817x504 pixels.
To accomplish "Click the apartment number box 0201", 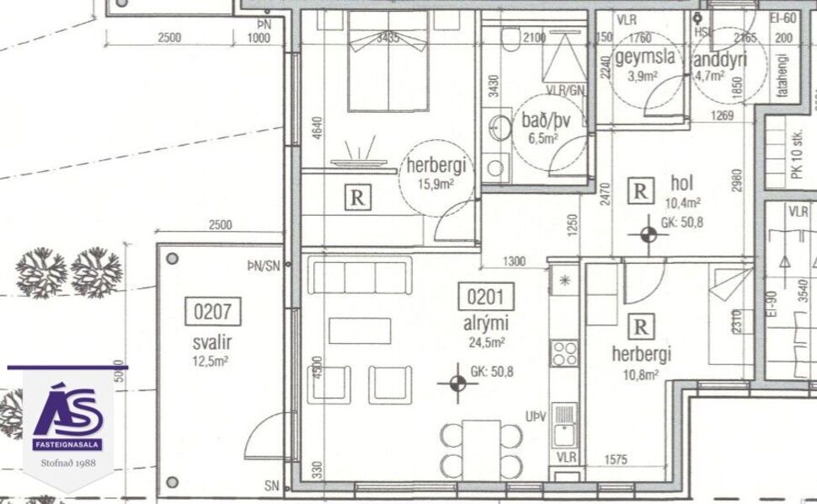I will [x=483, y=298].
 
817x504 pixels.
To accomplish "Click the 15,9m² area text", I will [x=436, y=184].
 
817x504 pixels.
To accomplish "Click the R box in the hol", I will [x=641, y=190].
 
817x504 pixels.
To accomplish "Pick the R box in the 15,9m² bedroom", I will [x=358, y=199].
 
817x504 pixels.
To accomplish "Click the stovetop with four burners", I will [x=564, y=352].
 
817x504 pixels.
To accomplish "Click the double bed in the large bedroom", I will [x=388, y=63].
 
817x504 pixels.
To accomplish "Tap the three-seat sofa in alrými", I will [x=360, y=277].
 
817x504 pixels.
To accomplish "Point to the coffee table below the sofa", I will [x=360, y=330].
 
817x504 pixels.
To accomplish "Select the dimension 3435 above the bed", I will [x=387, y=38].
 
